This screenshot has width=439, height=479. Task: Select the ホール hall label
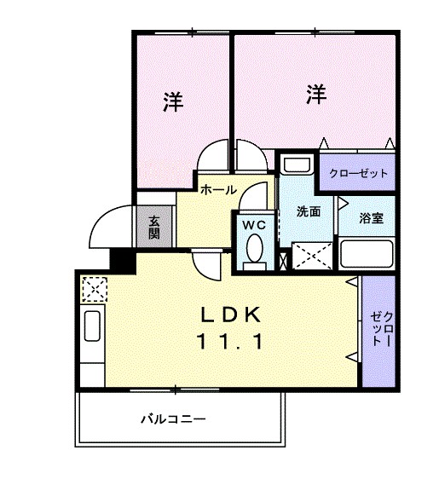[x=218, y=191]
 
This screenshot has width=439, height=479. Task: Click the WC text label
[x=255, y=225]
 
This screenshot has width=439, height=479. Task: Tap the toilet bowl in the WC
[x=254, y=250]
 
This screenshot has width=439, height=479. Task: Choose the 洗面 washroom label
[x=309, y=212]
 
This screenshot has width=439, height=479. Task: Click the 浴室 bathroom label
[x=371, y=217]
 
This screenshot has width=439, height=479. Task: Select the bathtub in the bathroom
[x=367, y=254]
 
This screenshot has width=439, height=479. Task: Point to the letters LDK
[x=230, y=315]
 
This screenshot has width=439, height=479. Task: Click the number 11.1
[x=230, y=343]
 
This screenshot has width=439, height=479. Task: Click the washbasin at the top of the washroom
[x=297, y=164]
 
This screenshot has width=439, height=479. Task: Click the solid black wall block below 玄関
[x=124, y=259]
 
